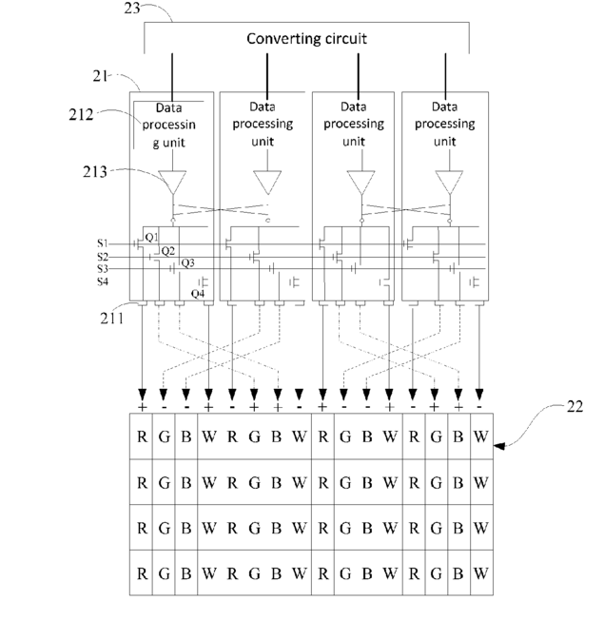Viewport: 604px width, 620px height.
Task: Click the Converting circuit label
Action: click(x=306, y=39)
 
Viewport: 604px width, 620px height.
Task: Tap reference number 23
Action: click(x=132, y=8)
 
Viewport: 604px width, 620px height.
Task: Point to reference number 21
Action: click(x=100, y=76)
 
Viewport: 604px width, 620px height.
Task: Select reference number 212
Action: click(x=81, y=115)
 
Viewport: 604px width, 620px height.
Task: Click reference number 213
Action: click(x=95, y=172)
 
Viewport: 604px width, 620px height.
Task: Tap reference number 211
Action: click(x=111, y=319)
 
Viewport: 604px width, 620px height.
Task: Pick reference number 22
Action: click(x=575, y=406)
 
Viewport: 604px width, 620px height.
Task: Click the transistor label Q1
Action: click(x=152, y=237)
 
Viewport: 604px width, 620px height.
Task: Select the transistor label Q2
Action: click(x=168, y=251)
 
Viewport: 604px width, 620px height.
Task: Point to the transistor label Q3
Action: click(x=187, y=263)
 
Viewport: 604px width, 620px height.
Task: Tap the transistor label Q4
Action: click(x=198, y=294)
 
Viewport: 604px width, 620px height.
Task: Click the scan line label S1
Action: click(x=103, y=242)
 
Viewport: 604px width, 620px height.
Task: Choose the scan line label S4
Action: click(x=103, y=281)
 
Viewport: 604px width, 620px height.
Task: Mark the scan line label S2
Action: click(x=103, y=257)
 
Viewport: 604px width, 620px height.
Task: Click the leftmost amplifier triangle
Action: click(x=172, y=181)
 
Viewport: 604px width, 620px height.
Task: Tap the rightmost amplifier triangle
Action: click(x=449, y=181)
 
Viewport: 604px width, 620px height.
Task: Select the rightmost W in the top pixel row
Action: click(x=481, y=436)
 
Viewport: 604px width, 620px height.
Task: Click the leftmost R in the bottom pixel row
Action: click(x=142, y=573)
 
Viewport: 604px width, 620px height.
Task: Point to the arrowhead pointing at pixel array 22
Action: click(x=499, y=446)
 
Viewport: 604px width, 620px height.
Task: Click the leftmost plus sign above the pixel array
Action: click(x=143, y=407)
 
